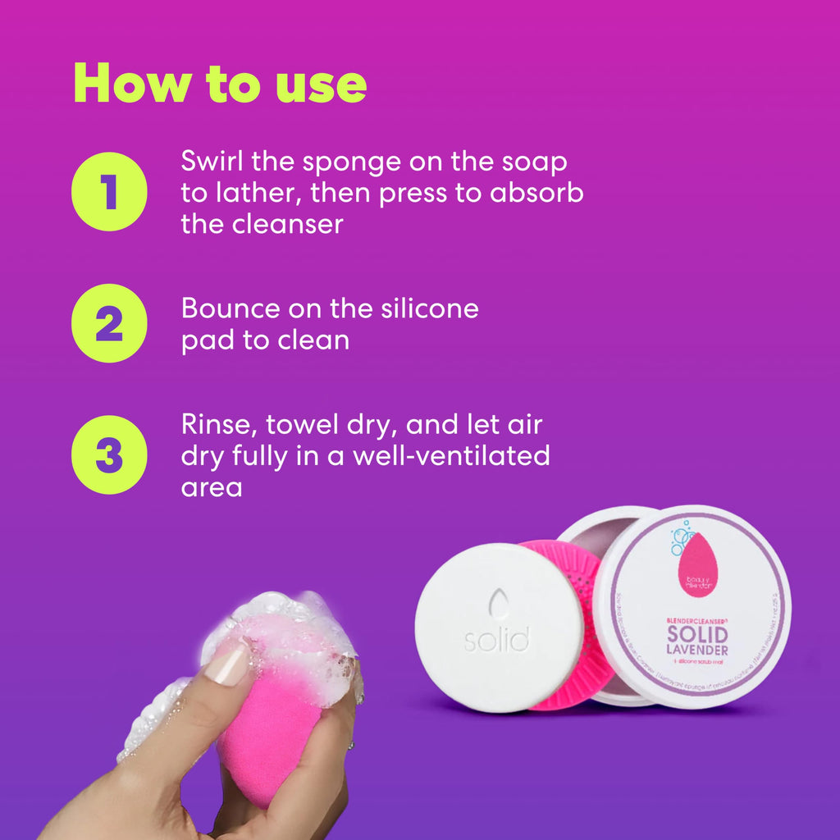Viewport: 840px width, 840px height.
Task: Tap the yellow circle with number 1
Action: click(109, 191)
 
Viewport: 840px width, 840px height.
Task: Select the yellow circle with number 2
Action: click(109, 323)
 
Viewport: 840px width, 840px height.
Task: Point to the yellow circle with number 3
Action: click(109, 454)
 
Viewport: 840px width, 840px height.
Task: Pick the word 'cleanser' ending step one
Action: click(285, 224)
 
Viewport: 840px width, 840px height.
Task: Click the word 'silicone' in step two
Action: click(428, 308)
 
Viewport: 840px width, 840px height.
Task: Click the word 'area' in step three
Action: click(212, 487)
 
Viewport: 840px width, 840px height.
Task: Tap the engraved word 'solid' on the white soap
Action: click(495, 639)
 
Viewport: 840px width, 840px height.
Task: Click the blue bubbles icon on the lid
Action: click(680, 538)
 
